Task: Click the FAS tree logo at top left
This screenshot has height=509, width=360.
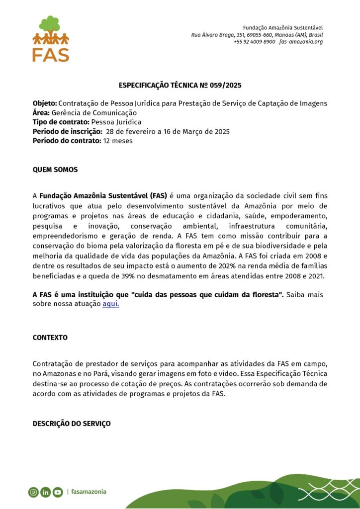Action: [50, 39]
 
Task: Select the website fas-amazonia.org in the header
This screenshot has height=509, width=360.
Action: [301, 42]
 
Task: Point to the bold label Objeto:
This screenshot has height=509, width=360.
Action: [45, 103]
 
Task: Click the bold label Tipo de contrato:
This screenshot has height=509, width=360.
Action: [61, 122]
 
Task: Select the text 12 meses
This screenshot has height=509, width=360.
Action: [118, 141]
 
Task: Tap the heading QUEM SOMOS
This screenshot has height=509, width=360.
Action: [55, 170]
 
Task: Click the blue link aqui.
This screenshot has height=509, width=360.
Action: [110, 304]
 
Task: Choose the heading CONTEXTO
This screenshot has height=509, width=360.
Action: [50, 338]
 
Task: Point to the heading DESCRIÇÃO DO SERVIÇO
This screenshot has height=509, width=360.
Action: [72, 424]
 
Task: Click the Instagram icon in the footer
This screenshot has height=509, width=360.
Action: [33, 492]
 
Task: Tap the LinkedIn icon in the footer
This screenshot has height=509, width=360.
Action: [46, 492]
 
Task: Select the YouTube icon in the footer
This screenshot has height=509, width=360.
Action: [58, 492]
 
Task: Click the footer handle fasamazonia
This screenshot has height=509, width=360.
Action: [89, 492]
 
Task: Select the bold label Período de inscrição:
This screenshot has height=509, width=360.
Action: [67, 132]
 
